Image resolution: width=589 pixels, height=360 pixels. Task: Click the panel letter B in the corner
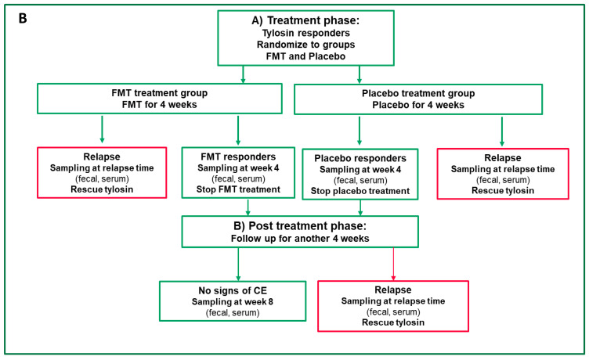(23, 18)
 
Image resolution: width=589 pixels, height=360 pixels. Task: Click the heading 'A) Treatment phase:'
(305, 20)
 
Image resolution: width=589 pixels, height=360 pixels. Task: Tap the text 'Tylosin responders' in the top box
(305, 33)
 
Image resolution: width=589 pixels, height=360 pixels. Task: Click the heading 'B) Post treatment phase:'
(300, 225)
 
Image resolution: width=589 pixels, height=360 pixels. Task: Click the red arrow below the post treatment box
(393, 264)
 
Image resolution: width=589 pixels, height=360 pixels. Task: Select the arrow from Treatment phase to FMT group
(243, 74)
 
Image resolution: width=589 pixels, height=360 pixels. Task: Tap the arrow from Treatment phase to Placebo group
(360, 74)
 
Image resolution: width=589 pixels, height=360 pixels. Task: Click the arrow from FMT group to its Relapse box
(102, 129)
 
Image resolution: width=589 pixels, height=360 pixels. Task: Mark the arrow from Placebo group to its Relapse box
(502, 131)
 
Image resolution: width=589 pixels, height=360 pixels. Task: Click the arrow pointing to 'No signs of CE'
(238, 265)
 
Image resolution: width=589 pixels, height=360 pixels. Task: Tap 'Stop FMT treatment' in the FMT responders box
(238, 189)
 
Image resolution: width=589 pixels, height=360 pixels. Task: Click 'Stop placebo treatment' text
(360, 191)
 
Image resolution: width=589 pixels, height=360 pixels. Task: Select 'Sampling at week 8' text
(233, 302)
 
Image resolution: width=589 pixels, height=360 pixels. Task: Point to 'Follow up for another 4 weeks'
(300, 239)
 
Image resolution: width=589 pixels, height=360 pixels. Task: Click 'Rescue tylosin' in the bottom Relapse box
(393, 322)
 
